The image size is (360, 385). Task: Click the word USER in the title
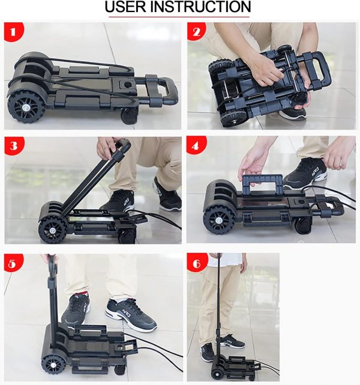click(x=125, y=7)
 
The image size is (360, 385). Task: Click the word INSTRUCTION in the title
click(x=200, y=7)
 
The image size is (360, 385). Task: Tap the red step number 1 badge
click(x=13, y=32)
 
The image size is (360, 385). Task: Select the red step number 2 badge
click(x=196, y=31)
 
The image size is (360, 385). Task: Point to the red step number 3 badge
click(x=14, y=146)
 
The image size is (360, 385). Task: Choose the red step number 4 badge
click(x=196, y=145)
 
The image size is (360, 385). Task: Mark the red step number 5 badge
click(x=13, y=263)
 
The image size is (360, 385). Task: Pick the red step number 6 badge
click(x=197, y=263)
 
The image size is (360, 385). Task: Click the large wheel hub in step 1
click(x=25, y=108)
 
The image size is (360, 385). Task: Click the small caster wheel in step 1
click(x=129, y=115)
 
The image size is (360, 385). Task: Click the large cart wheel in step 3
click(x=52, y=229)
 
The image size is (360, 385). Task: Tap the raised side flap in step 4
click(x=262, y=184)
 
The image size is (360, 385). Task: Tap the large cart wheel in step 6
click(x=216, y=374)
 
